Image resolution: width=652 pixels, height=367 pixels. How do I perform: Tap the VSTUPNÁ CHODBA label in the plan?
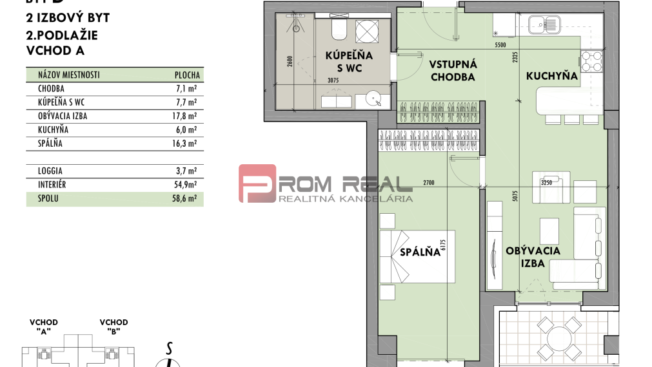point(452,70)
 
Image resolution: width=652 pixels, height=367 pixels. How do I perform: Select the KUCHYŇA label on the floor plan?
point(551,76)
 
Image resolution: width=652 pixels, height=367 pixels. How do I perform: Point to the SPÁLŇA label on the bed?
point(419,252)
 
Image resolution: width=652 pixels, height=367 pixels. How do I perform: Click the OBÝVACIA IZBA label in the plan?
point(533,257)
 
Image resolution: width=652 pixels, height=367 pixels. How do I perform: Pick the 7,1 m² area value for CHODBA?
point(186,88)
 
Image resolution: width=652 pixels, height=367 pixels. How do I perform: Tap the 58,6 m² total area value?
point(186,199)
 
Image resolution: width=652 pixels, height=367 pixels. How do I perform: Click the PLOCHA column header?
point(187,75)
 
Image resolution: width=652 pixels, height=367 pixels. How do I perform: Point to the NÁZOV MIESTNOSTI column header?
point(64,75)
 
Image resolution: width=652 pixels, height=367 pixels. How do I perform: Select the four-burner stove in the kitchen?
point(591,61)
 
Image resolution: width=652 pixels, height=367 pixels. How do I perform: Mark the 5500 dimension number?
point(500,46)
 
